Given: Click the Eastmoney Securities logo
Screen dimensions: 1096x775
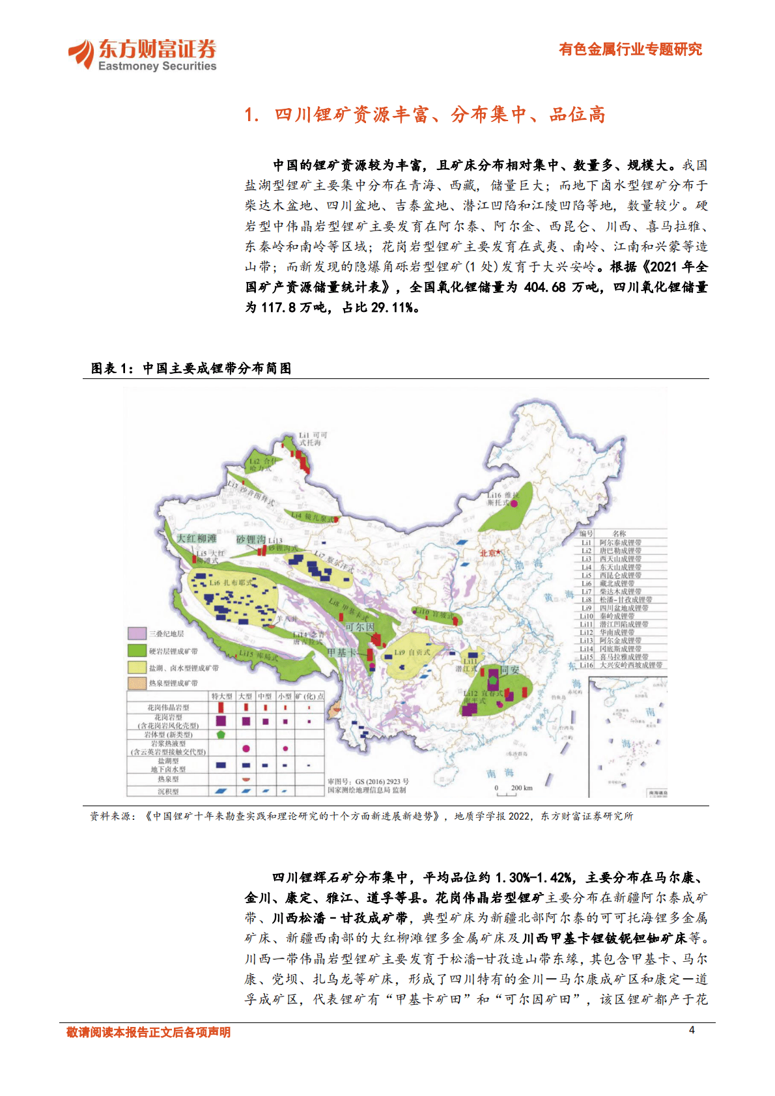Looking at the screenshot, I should pyautogui.click(x=142, y=55).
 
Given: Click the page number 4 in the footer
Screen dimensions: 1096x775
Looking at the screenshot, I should pyautogui.click(x=692, y=1030).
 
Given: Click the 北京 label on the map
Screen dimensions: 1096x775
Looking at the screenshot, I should pyautogui.click(x=490, y=553).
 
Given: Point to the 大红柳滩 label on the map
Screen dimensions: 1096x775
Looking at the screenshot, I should pyautogui.click(x=197, y=539).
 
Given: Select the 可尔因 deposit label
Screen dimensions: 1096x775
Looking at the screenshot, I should pyautogui.click(x=359, y=626).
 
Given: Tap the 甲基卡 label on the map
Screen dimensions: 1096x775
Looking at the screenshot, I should pyautogui.click(x=341, y=653).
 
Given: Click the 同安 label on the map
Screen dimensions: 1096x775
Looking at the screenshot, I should pyautogui.click(x=510, y=669).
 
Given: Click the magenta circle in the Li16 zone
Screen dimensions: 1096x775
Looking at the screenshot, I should pyautogui.click(x=514, y=503).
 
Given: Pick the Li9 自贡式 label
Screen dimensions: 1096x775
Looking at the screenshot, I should pyautogui.click(x=412, y=652).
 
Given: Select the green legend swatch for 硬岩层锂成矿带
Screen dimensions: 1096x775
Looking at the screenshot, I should pyautogui.click(x=137, y=651).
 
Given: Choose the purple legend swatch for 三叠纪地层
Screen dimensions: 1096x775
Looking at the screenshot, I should pyautogui.click(x=137, y=633).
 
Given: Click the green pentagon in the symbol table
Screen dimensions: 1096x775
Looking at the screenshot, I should pyautogui.click(x=221, y=734).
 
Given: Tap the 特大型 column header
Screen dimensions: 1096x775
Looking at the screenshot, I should pyautogui.click(x=221, y=696).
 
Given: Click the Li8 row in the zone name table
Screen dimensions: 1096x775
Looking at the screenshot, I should pyautogui.click(x=619, y=600).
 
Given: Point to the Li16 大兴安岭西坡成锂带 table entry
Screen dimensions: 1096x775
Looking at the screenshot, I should pyautogui.click(x=622, y=665).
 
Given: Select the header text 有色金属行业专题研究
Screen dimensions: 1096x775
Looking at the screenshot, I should pyautogui.click(x=630, y=49).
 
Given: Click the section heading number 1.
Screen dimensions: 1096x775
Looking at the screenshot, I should pyautogui.click(x=251, y=115).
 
